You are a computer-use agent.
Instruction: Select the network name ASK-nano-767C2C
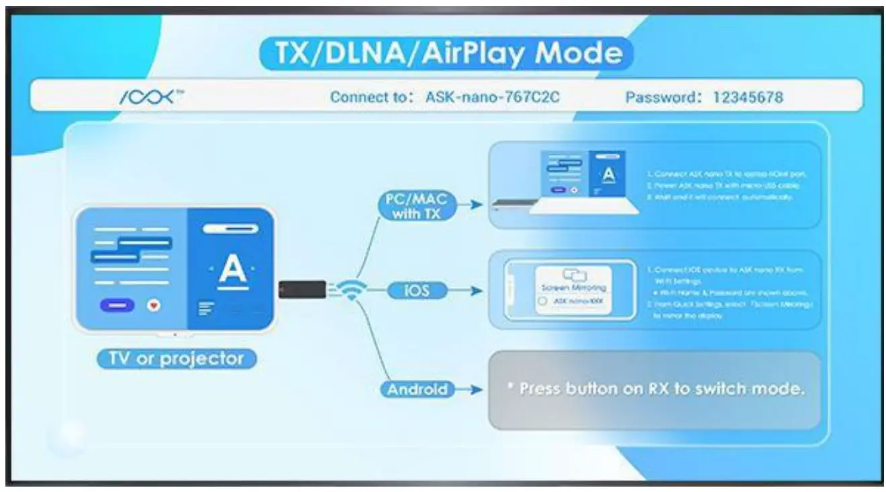(x=492, y=97)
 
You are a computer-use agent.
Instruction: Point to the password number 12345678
(x=748, y=97)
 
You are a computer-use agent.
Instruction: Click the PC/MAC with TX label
(x=415, y=205)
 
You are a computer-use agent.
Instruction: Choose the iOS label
(x=417, y=291)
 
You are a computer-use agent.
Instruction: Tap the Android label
(x=417, y=389)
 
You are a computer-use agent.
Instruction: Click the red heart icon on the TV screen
(x=154, y=305)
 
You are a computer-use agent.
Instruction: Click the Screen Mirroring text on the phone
(x=573, y=287)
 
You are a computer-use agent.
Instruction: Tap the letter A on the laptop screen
(x=608, y=175)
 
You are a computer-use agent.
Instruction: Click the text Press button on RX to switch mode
(x=654, y=389)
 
